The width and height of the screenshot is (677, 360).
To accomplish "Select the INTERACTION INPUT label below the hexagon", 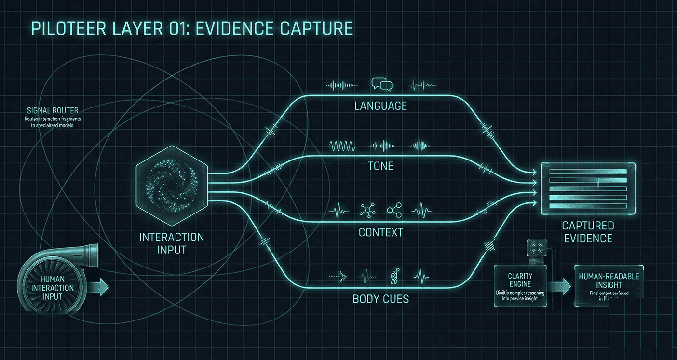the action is click(172, 243).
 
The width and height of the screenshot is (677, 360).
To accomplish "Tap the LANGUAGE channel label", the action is click(380, 106).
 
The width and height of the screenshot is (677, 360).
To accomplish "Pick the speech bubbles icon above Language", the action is click(381, 85).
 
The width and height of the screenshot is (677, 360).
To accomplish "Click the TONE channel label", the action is click(380, 166).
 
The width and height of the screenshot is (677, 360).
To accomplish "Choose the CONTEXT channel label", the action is click(380, 232).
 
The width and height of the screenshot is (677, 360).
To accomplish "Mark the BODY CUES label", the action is click(380, 299).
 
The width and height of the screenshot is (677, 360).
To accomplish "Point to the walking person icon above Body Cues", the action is click(393, 277).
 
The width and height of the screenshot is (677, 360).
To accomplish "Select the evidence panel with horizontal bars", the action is click(588, 188).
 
